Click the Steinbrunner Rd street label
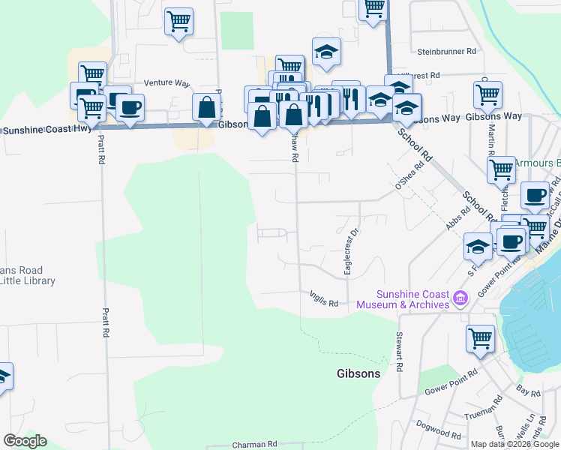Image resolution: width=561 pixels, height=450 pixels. pyautogui.click(x=446, y=52)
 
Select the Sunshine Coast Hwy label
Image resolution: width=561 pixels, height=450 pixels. pyautogui.click(x=47, y=129)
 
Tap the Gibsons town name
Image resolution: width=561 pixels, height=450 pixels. pyautogui.click(x=358, y=373)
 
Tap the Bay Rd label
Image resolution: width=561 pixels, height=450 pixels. pyautogui.click(x=528, y=391)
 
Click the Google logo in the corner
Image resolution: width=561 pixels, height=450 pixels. pyautogui.click(x=25, y=441)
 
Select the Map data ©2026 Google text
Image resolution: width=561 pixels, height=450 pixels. pyautogui.click(x=514, y=444)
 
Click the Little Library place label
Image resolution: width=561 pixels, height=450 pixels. pyautogui.click(x=28, y=280)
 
